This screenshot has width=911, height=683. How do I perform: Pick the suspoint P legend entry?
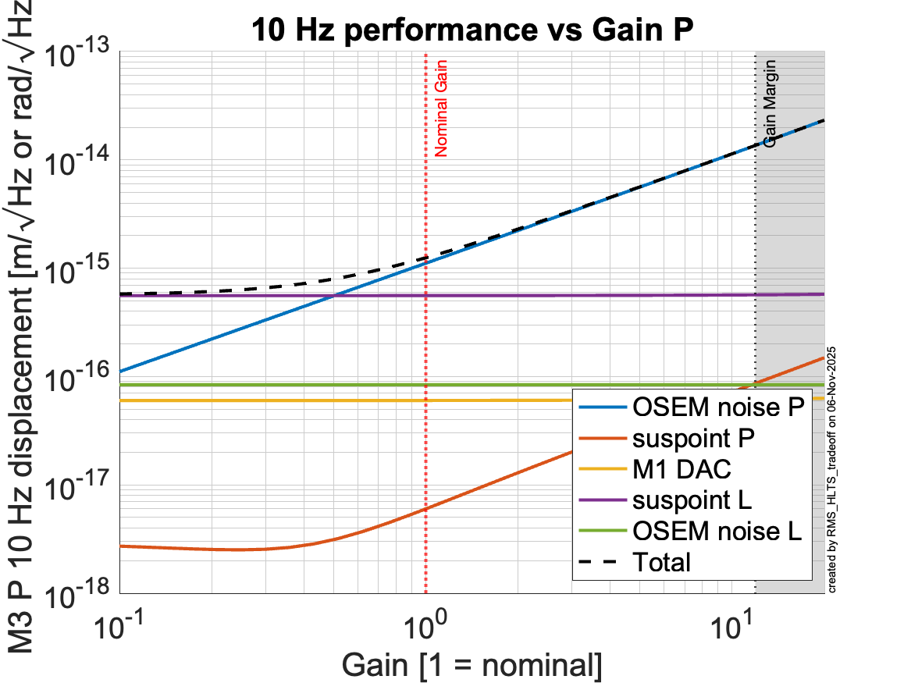coord(694,438)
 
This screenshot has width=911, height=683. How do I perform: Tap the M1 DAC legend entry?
coord(684,469)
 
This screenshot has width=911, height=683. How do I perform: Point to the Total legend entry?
coord(662,561)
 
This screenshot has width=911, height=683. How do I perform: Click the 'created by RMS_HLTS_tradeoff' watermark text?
coord(832,468)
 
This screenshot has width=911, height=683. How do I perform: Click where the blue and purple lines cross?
coord(334,295)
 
